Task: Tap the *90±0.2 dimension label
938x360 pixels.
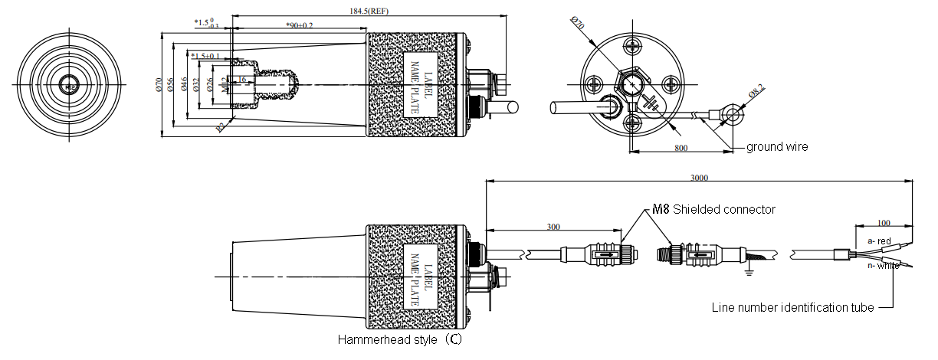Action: tap(299, 25)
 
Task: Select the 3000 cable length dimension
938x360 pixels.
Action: tap(699, 178)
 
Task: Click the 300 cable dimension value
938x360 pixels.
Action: tap(553, 227)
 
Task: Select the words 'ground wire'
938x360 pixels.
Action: tap(777, 147)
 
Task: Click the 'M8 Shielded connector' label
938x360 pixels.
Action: tap(713, 209)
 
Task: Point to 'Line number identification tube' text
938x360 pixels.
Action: tap(793, 308)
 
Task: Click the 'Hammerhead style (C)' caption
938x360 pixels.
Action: tap(400, 339)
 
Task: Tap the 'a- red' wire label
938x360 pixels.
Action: tap(879, 241)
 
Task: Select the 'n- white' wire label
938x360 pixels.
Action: tap(884, 266)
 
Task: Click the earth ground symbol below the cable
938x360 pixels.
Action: tap(748, 269)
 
